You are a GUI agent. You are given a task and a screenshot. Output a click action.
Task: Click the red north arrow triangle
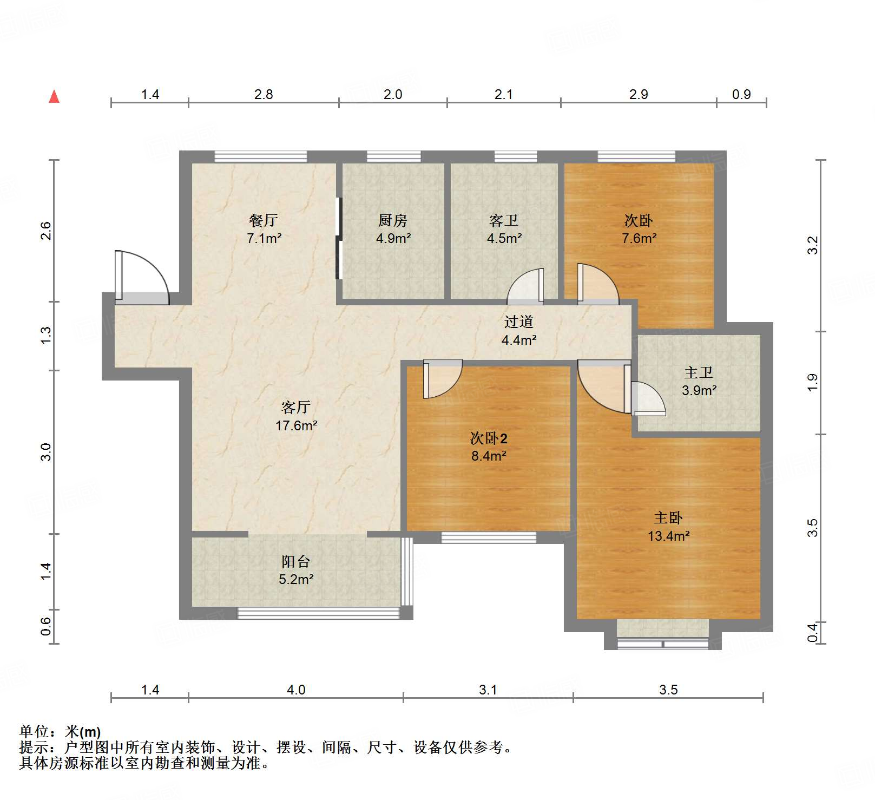point(54,97)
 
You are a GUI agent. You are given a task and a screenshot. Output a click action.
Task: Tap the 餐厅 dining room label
point(264,220)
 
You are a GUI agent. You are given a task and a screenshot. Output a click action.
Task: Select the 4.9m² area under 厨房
point(393,238)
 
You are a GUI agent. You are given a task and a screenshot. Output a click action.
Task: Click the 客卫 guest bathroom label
point(504,220)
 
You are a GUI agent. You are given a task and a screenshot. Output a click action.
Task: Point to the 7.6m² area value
point(639,238)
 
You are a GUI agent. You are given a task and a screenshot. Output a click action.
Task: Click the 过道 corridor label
point(519,322)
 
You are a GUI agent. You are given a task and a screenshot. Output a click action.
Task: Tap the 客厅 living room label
point(296,407)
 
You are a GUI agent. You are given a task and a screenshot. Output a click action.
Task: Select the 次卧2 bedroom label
point(489,438)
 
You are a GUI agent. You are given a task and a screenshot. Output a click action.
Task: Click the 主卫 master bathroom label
point(699,372)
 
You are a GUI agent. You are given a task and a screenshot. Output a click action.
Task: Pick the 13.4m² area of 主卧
point(669,536)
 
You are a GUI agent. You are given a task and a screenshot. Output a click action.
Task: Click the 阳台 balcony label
point(296,561)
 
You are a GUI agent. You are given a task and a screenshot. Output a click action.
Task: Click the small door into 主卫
point(647,399)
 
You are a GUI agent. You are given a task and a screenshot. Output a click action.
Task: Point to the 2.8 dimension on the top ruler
point(264,94)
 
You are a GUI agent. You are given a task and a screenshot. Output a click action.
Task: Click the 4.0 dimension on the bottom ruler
point(296,690)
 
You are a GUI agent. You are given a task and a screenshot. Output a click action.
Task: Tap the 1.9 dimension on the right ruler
point(812,383)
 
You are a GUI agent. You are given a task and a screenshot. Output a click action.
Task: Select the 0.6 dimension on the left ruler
point(46,626)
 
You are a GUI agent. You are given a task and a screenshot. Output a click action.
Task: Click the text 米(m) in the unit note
point(83,732)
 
